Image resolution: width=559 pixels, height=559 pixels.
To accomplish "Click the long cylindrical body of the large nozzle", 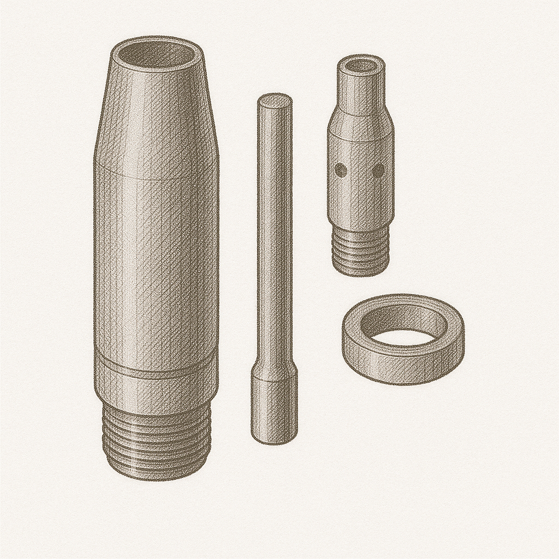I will [x=157, y=262].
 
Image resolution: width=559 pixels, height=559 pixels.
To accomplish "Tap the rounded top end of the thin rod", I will [x=275, y=100].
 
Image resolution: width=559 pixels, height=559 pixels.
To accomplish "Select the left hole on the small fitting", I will [x=340, y=170].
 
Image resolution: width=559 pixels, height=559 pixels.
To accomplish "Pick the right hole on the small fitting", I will [x=378, y=171].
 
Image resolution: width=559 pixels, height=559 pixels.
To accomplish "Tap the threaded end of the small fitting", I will [x=360, y=251].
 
